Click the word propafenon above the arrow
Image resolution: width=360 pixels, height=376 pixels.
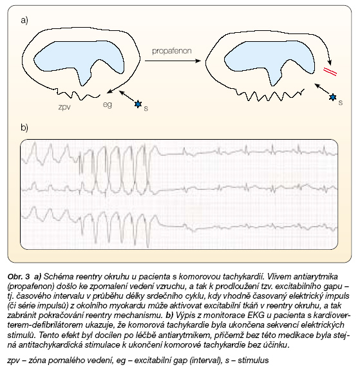click(172, 51)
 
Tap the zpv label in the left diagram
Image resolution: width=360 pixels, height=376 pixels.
click(64, 107)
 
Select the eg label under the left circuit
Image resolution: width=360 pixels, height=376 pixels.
click(107, 105)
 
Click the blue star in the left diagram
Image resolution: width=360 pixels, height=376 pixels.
click(138, 104)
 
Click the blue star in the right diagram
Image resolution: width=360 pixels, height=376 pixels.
click(333, 97)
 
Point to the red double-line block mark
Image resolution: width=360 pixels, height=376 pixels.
click(330, 71)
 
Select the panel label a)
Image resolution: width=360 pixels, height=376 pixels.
click(24, 20)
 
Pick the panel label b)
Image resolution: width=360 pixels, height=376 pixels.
click(24, 127)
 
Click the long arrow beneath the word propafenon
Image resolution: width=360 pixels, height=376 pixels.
click(173, 61)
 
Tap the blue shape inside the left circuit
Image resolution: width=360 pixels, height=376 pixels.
click(79, 60)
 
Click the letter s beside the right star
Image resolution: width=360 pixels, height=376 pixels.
click(341, 103)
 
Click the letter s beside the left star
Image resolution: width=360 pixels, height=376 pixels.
click(146, 109)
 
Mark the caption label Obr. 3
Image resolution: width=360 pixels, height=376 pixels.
click(19, 277)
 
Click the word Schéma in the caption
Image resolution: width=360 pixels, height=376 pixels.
click(59, 277)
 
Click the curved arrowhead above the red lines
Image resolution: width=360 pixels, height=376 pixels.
click(330, 63)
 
